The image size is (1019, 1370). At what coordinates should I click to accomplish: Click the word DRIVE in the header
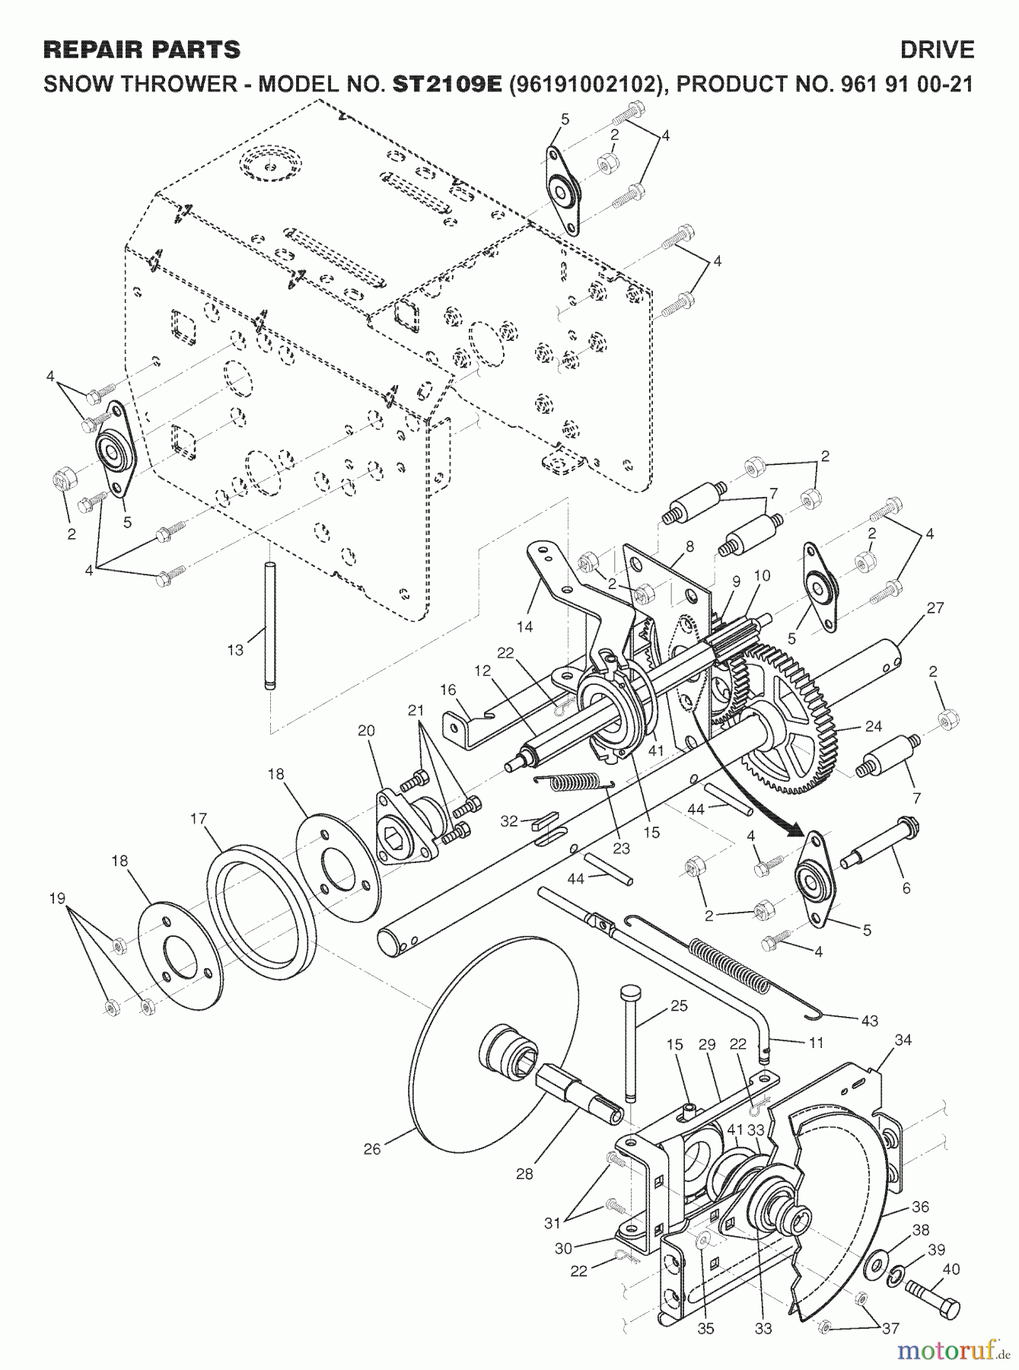[x=937, y=50]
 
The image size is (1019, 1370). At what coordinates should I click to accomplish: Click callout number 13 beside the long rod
[x=235, y=650]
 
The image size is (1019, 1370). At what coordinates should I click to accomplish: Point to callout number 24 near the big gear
[x=873, y=726]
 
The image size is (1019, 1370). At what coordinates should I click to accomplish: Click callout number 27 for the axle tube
[x=935, y=608]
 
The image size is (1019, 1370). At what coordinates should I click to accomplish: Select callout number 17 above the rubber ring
[x=199, y=819]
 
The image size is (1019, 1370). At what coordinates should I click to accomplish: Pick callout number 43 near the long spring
[x=870, y=1021]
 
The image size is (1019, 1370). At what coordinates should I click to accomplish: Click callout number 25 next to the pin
[x=679, y=1005]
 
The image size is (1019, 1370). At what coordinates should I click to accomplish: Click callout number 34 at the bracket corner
[x=903, y=1039]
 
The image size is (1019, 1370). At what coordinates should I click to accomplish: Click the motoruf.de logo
[x=954, y=1349]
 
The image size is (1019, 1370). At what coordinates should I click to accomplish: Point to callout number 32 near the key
[x=509, y=820]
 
